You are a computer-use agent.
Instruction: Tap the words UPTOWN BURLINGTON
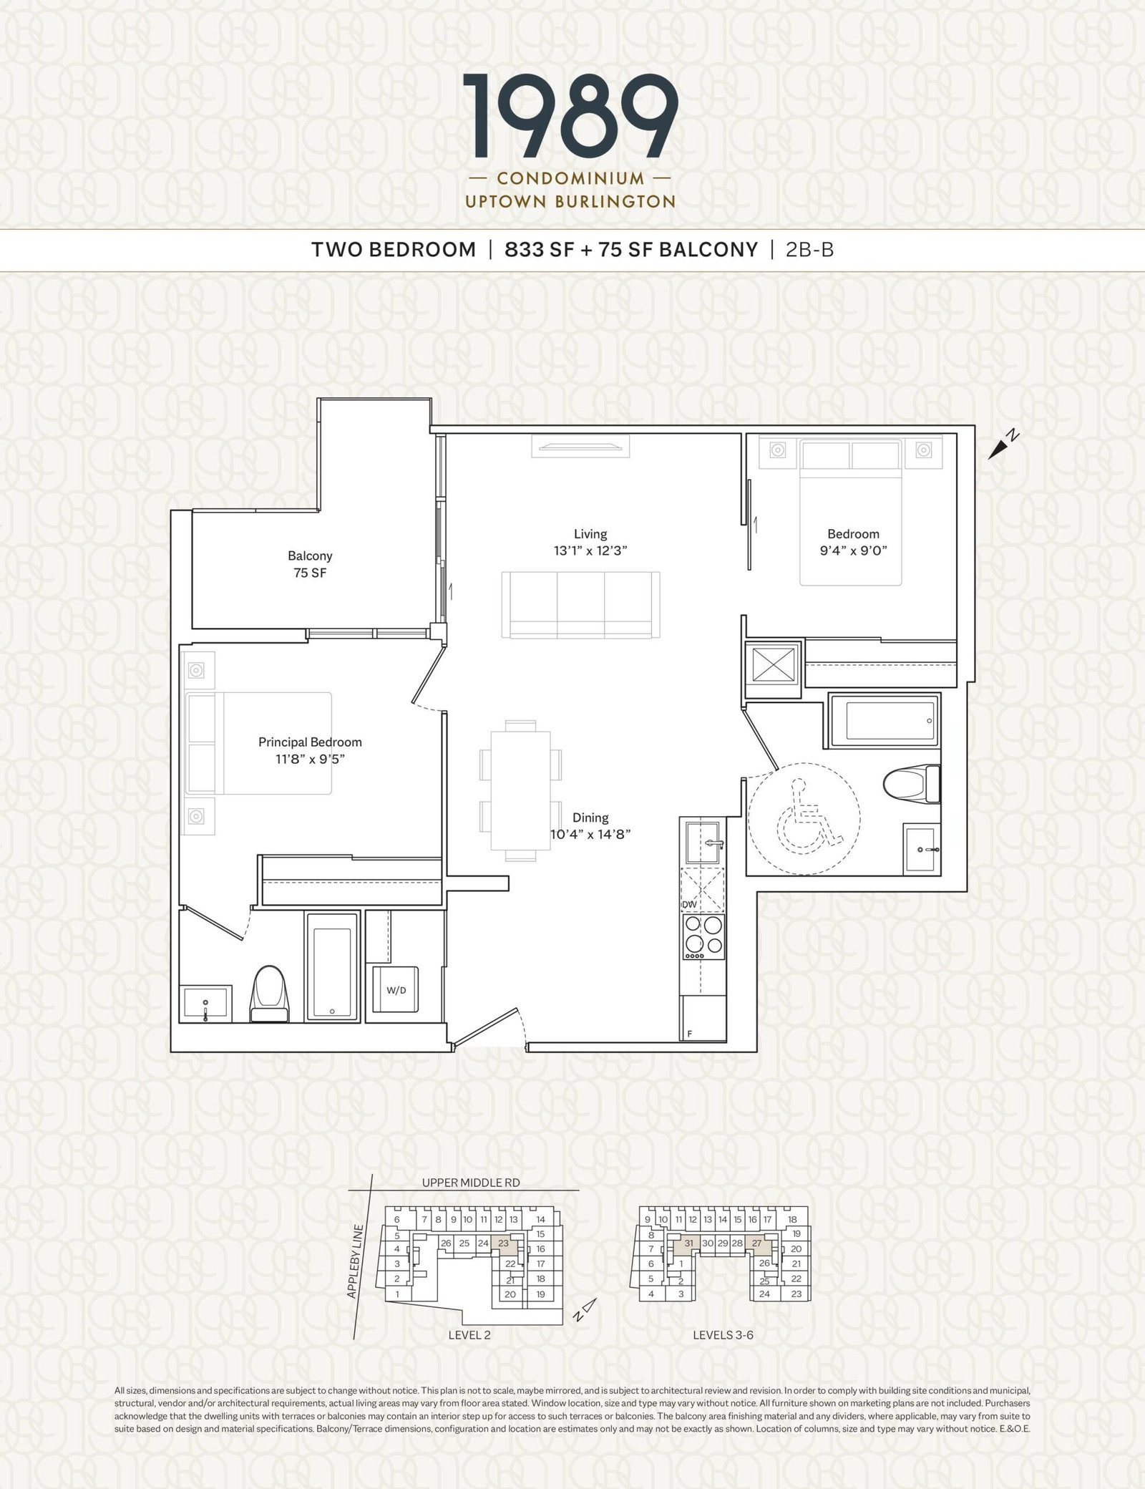tap(570, 202)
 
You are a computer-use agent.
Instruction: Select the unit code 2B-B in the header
tap(809, 250)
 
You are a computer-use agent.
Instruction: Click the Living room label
tap(590, 534)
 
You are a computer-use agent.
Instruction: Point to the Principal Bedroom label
tap(310, 742)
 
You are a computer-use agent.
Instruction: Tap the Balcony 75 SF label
tap(310, 564)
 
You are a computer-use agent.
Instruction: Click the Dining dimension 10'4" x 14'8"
tap(590, 834)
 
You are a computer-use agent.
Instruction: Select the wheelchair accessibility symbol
tap(805, 815)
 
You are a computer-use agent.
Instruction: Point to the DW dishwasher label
tap(690, 905)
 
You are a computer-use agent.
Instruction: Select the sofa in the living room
tap(580, 605)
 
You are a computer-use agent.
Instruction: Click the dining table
tap(521, 790)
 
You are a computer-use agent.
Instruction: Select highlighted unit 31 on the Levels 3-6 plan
tap(688, 1243)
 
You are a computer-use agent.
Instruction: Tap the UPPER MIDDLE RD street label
tap(470, 1182)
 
